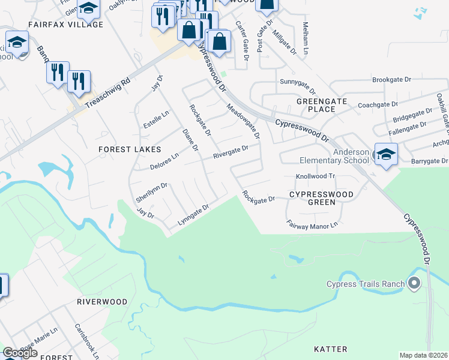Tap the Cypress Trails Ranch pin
(413, 283)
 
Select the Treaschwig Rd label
(107, 94)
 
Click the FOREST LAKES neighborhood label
(131, 149)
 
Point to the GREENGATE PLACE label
(321, 105)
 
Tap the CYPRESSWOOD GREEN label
(321, 199)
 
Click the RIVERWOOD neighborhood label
(102, 302)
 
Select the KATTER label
(331, 349)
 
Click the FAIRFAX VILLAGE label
(65, 25)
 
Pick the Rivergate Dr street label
(231, 152)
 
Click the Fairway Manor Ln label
(312, 226)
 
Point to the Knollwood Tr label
(314, 176)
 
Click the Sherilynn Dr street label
(151, 190)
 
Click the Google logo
(20, 353)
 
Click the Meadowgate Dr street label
(243, 122)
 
